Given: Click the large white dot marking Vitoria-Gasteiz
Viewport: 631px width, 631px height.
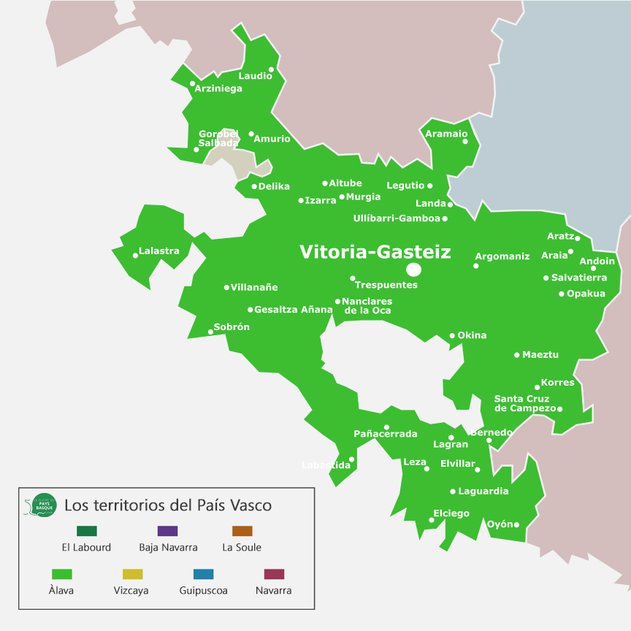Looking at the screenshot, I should coord(413,269).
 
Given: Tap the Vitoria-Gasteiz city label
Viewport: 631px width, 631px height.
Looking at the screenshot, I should coord(375,252).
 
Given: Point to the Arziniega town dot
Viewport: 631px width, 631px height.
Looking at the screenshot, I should coord(192,83).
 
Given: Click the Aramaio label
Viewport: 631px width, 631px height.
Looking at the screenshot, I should coord(446,134).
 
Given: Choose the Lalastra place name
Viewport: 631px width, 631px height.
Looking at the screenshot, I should coord(159,251).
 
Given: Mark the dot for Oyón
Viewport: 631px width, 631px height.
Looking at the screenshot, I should coord(516,524).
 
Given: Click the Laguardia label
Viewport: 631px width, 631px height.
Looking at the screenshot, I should coord(483,492).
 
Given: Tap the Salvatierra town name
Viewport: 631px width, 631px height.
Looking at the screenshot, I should coord(579,278).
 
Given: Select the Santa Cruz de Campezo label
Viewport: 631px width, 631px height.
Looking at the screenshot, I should coord(525,404).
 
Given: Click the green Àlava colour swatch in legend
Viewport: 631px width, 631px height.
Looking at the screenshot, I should coord(61,574).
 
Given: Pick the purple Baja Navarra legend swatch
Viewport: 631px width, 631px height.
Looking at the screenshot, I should coord(167,531).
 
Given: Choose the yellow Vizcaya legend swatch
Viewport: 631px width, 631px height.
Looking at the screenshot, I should coord(132,574).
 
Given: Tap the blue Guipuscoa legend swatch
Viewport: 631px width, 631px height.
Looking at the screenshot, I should coord(203,574).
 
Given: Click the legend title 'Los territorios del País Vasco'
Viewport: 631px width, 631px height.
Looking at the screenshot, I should coord(168,505).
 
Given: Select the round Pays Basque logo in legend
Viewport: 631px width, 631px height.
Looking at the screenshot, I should coord(43,505).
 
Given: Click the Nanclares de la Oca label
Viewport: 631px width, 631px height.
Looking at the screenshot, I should coord(367,306).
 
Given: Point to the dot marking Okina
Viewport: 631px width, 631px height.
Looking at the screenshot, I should coord(452,336).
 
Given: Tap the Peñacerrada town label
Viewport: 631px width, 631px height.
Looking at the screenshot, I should coord(386,434).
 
